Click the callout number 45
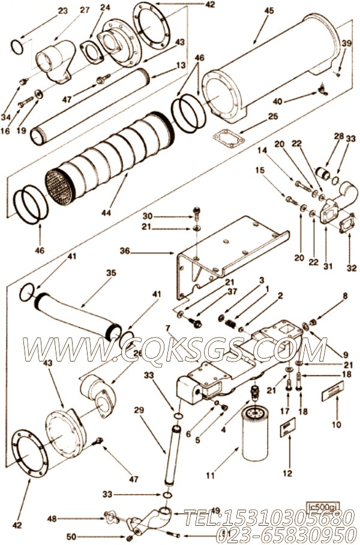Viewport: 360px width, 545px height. pos(269,10)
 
